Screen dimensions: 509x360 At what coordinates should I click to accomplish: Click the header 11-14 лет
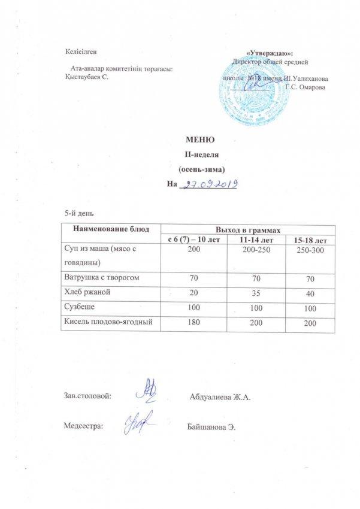(252, 240)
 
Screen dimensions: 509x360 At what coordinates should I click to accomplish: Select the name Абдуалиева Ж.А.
(219, 398)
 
